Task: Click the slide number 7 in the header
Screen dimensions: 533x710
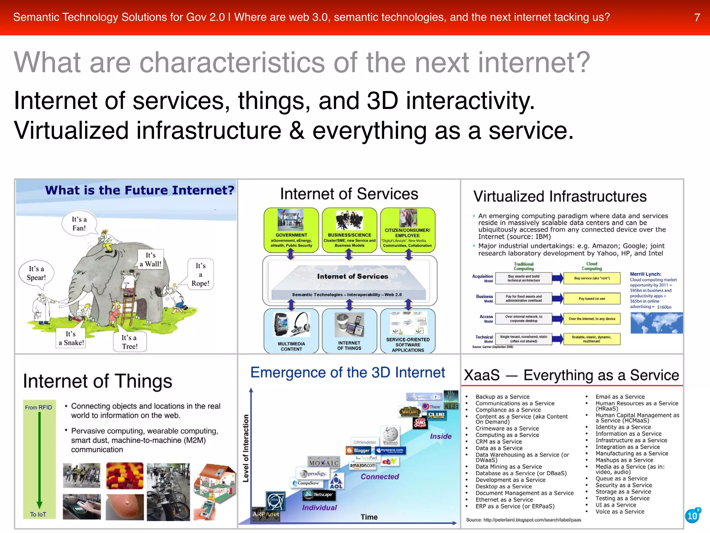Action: [x=697, y=17]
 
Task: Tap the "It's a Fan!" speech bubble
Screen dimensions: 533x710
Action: [x=79, y=223]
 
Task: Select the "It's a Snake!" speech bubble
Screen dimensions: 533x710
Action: [x=71, y=338]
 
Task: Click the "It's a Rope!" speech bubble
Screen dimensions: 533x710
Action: [x=200, y=274]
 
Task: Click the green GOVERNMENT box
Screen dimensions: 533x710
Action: [x=291, y=230]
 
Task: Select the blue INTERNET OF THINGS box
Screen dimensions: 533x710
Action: [x=349, y=330]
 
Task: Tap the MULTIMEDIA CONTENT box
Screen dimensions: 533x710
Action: [x=291, y=330]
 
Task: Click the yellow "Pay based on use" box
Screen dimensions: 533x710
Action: [x=592, y=298]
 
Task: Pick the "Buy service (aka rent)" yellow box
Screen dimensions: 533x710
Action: [x=592, y=278]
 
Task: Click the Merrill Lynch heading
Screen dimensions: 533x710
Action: [x=646, y=274]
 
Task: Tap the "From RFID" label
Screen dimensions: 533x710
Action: [x=38, y=407]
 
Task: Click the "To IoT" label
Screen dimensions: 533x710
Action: [x=38, y=514]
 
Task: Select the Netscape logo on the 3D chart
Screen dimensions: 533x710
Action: [x=319, y=494]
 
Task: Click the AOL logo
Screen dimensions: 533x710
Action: [x=336, y=482]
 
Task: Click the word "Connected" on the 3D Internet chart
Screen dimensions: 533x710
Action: [x=380, y=477]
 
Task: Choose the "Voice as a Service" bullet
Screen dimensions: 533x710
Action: [x=620, y=511]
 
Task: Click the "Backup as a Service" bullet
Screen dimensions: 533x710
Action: [x=502, y=397]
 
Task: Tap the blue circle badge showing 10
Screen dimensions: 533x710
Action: [x=692, y=516]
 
